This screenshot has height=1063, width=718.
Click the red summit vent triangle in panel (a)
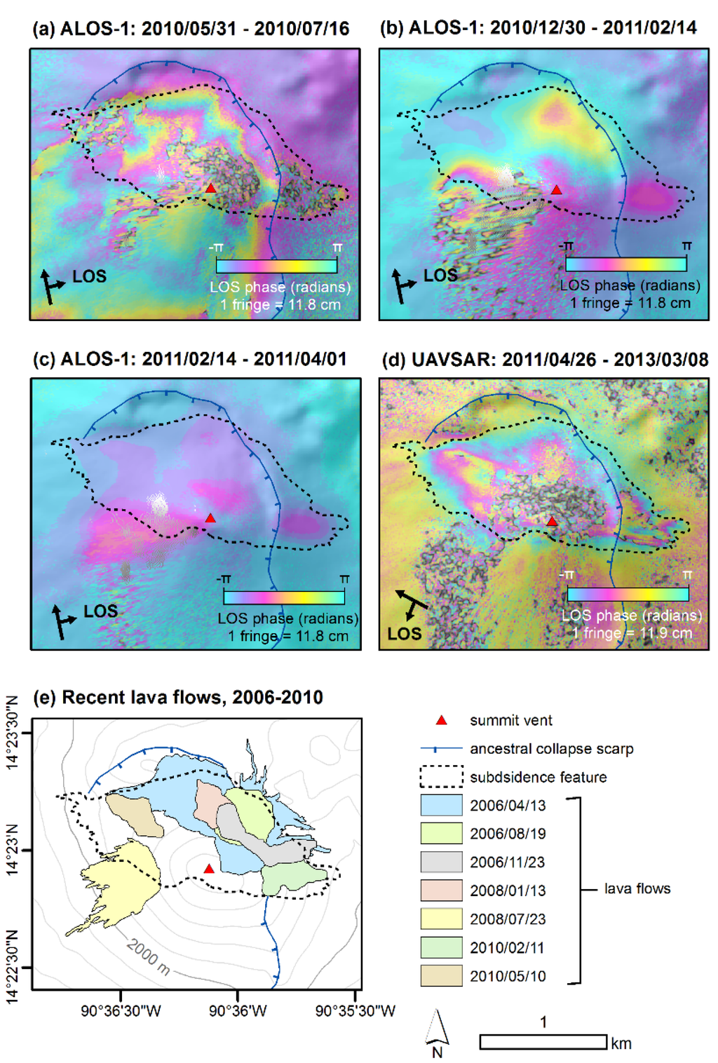pos(210,188)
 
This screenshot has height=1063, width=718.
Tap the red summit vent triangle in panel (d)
pos(552,521)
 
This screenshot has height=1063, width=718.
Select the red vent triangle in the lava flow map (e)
pos(208,869)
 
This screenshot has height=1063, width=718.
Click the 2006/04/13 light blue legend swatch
pos(441,805)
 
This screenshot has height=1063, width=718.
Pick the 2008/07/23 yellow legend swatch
pos(441,919)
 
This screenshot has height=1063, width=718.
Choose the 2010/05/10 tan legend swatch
pos(441,975)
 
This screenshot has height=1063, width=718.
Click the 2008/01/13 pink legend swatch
pos(441,891)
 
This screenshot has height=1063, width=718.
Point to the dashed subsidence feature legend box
pos(441,776)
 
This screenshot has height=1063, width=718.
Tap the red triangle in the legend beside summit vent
pos(441,720)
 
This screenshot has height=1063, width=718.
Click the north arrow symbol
pos(438,1028)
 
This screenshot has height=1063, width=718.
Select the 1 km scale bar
pos(543,1042)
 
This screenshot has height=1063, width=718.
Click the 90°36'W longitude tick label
pos(238,1010)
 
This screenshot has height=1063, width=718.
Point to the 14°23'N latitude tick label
pos(12,850)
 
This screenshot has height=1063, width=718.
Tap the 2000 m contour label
pos(148,957)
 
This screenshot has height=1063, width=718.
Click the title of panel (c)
pos(189,359)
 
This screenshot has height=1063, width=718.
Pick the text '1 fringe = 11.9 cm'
pos(632,632)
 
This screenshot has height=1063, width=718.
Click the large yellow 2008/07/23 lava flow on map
pos(123,880)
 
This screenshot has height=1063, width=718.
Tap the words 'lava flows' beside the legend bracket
pos(637,888)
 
